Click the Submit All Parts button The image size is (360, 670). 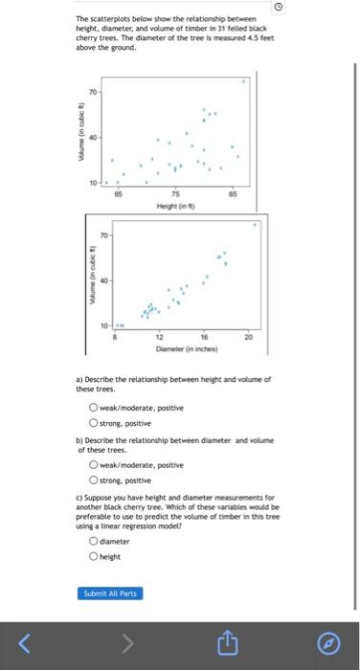112,593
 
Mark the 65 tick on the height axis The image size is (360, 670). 118,192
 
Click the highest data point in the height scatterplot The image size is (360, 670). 243,82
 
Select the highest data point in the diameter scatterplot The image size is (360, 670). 255,225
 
